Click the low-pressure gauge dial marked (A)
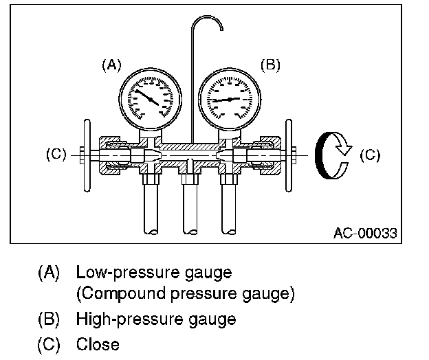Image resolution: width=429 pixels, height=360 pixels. pos(150,98)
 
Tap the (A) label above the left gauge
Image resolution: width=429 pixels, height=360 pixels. pos(111,65)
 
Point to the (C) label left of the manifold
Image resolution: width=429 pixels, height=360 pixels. pos(56,154)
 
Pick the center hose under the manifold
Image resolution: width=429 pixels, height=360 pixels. pos(188,213)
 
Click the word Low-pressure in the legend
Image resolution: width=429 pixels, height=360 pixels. pos(120,272)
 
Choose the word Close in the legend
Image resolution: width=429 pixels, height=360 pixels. pos(98,344)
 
